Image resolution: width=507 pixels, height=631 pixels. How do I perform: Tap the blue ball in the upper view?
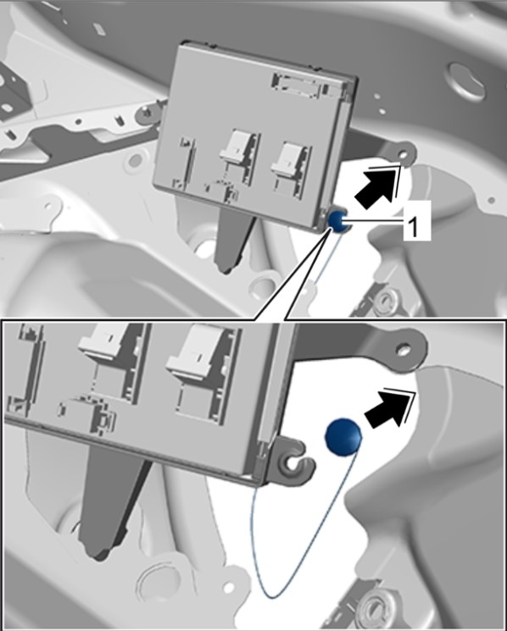(x=338, y=220)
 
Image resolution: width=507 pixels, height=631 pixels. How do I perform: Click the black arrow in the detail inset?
(x=389, y=409)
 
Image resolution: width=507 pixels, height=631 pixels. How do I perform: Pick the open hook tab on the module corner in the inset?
(x=294, y=461)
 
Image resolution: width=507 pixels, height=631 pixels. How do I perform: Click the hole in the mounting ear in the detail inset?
(x=403, y=349)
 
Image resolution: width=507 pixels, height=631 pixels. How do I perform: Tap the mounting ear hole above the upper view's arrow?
(x=404, y=154)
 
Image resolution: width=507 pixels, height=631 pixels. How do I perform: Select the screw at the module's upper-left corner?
(x=147, y=113)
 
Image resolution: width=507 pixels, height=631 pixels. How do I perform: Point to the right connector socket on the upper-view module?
(x=291, y=169)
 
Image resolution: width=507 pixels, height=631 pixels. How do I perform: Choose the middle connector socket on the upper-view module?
(x=239, y=158)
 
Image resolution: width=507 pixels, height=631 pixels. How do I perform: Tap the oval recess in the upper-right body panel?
(x=465, y=81)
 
